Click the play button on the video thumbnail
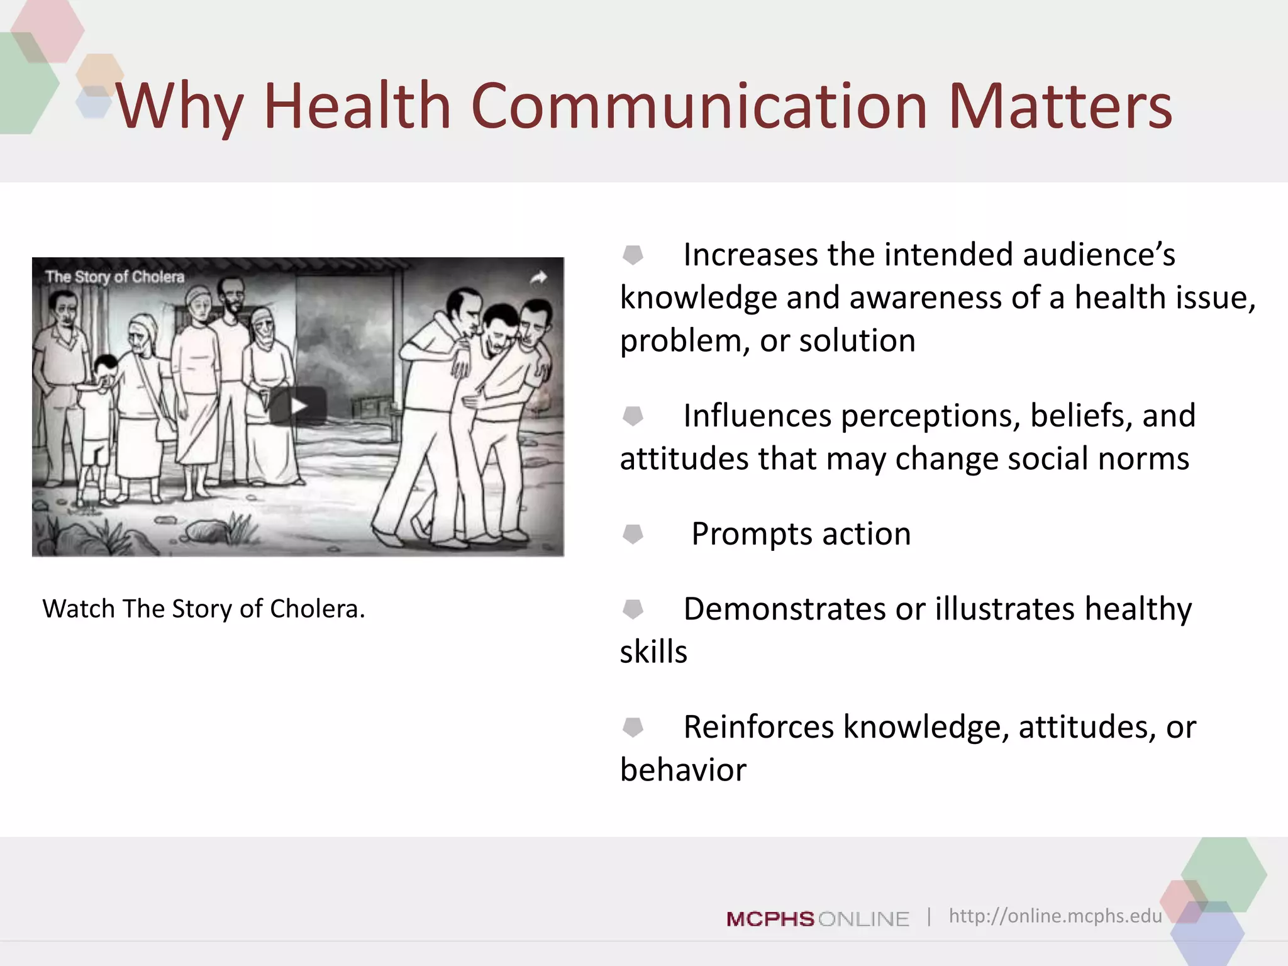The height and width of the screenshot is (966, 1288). [x=297, y=406]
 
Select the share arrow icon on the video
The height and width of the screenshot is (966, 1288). [x=538, y=277]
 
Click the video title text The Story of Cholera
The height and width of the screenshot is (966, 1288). [x=115, y=277]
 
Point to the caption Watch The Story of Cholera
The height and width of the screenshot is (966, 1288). [x=203, y=609]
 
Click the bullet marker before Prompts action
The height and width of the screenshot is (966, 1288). [x=633, y=534]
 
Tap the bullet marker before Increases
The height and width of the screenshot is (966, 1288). [x=633, y=255]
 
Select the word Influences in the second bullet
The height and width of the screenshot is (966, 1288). [x=757, y=416]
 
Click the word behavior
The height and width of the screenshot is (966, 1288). [x=683, y=770]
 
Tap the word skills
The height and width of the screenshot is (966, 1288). [x=653, y=652]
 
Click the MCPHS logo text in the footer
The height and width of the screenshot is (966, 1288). [x=770, y=919]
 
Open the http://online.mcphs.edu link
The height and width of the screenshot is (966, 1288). [x=1055, y=916]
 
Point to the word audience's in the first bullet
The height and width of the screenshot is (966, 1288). [x=1099, y=255]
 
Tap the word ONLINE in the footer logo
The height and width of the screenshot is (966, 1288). [x=863, y=919]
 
